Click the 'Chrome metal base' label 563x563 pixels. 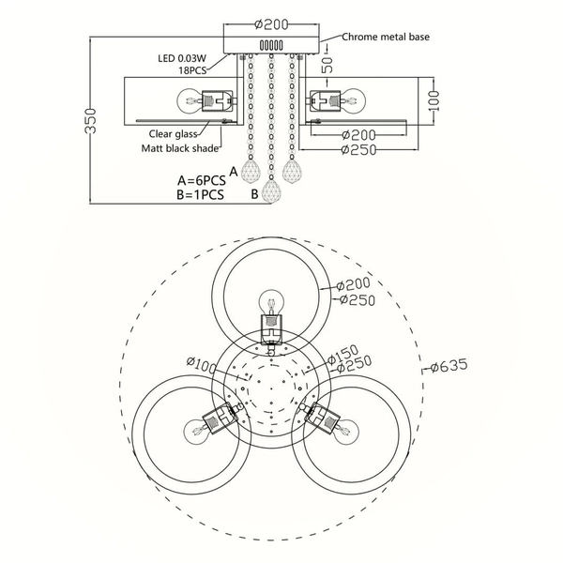386,37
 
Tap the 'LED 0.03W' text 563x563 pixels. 182,58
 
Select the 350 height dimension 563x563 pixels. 91,121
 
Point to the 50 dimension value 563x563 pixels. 327,65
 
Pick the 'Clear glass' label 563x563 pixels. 173,134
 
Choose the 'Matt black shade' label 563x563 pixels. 180,148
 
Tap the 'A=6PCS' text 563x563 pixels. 202,180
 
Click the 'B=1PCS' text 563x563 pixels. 201,194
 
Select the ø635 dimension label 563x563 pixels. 449,366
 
